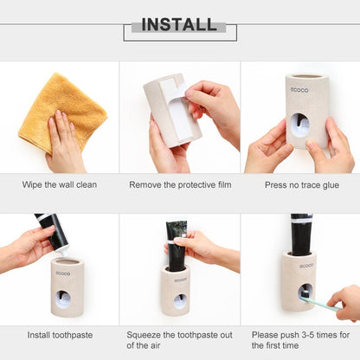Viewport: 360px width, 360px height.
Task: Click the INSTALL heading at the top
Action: tap(179, 24)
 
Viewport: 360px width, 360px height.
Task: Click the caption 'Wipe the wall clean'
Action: tap(60, 184)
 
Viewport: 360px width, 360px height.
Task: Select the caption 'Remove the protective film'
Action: tap(180, 184)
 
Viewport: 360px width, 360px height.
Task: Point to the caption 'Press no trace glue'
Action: tap(302, 185)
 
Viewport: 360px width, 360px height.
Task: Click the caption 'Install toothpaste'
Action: tap(60, 335)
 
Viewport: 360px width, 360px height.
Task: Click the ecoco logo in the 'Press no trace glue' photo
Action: tap(299, 90)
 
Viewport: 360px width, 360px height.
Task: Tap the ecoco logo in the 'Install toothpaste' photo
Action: tap(63, 273)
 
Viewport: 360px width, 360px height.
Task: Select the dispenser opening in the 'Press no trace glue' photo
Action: tap(299, 125)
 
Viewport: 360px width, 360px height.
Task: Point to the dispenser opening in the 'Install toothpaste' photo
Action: tap(63, 299)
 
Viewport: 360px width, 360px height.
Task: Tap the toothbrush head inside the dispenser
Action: tap(305, 294)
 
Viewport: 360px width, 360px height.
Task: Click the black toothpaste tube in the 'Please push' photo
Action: tap(301, 235)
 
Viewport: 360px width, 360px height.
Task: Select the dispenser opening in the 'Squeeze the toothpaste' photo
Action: tap(180, 301)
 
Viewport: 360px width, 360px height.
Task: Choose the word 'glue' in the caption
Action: tap(331, 185)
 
